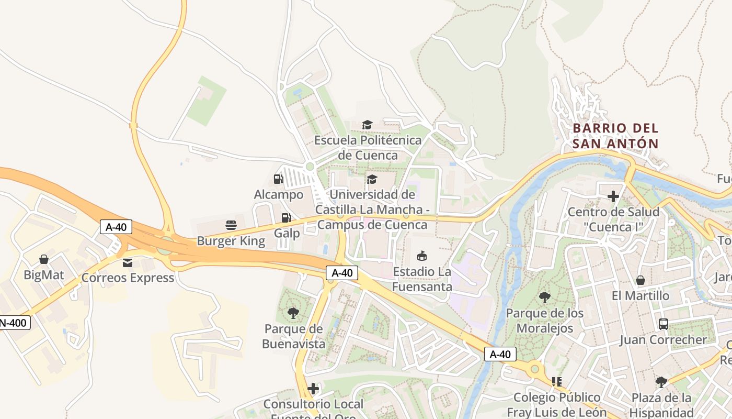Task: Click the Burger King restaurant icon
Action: (x=231, y=225)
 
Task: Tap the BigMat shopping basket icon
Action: (x=44, y=259)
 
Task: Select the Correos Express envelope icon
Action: (x=128, y=262)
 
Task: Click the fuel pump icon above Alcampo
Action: (x=279, y=179)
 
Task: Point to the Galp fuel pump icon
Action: (x=286, y=217)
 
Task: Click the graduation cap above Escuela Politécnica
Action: (x=367, y=125)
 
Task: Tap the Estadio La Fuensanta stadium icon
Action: (x=421, y=256)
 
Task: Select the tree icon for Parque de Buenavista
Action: (x=293, y=313)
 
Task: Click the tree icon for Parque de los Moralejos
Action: (x=544, y=297)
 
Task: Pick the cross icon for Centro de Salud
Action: (x=613, y=196)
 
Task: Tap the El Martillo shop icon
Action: (x=640, y=280)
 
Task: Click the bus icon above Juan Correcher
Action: (x=663, y=324)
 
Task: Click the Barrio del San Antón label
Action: (x=615, y=136)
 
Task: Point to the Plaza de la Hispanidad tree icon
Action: (x=661, y=382)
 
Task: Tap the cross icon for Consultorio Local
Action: (x=313, y=389)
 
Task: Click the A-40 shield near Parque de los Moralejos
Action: (x=500, y=354)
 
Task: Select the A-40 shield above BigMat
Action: (x=116, y=227)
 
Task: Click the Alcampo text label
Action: (x=279, y=195)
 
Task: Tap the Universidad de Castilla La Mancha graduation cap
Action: (x=372, y=179)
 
